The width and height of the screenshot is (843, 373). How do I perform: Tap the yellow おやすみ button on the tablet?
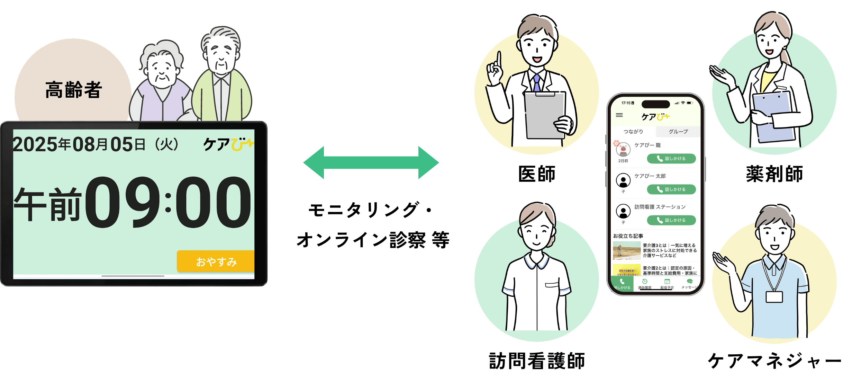click(x=216, y=261)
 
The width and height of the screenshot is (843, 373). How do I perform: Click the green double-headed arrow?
click(x=371, y=162)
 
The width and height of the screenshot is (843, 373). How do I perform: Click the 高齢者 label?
click(x=73, y=90)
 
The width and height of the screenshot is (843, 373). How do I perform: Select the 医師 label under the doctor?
click(x=537, y=174)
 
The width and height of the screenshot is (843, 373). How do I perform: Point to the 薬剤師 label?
click(x=774, y=174)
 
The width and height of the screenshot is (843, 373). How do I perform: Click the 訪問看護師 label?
click(x=537, y=361)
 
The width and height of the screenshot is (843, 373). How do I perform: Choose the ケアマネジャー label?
click(x=774, y=361)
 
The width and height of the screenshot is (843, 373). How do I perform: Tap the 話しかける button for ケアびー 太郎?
click(x=671, y=189)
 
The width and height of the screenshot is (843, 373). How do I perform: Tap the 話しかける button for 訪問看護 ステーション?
click(x=671, y=220)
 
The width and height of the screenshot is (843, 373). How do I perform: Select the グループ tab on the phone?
click(x=678, y=132)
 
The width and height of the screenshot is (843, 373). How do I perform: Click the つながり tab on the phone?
click(x=633, y=132)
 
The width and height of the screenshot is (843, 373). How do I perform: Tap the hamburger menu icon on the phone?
click(x=619, y=115)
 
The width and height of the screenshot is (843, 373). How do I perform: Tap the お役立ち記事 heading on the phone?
click(x=628, y=236)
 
